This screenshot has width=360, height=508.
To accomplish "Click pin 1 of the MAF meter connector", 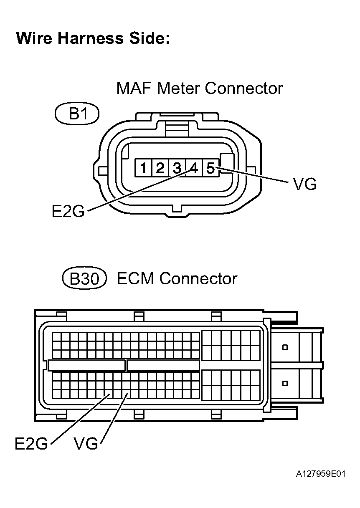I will coord(143,168).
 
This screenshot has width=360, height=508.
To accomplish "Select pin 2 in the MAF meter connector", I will coord(160,168).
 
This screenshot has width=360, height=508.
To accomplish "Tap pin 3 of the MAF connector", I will coord(177,168).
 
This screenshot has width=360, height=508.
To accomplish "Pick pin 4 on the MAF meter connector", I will coord(193,168).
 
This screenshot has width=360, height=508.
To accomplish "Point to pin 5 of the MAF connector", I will coord(210,168).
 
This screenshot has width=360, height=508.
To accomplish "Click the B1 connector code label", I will coord(77,114).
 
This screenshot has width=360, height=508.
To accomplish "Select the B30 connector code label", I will coord(84,279).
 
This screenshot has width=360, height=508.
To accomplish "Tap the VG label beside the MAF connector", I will coord(305,184).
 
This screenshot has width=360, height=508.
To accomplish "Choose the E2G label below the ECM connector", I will coord(31,443).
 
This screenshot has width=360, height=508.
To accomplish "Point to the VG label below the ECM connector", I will coord(86,443).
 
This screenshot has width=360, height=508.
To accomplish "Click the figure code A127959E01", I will coord(321,475).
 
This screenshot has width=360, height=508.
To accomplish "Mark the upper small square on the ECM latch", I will coord(286,347).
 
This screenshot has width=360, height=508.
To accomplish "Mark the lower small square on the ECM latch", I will coord(286,383).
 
